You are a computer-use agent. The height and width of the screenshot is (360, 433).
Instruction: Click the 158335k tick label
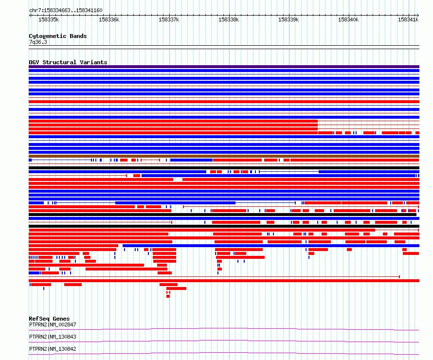[x=49, y=19]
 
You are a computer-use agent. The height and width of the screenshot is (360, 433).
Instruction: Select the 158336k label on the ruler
[x=109, y=19]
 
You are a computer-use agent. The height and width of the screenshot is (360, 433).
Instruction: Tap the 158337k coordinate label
[x=169, y=19]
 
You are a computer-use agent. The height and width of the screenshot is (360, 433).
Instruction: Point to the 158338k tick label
[x=229, y=19]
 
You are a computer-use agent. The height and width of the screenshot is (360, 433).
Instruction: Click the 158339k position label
[x=289, y=19]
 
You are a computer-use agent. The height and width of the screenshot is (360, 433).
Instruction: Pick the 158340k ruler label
[x=348, y=19]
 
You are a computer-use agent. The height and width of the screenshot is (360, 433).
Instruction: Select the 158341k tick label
[x=408, y=19]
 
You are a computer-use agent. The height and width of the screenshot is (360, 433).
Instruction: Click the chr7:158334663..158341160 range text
[x=66, y=11]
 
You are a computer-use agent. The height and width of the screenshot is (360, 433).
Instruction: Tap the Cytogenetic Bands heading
[x=58, y=36]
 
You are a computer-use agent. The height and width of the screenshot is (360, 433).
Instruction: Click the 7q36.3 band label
[x=38, y=42]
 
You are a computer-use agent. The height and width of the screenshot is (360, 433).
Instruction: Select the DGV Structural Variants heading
[x=68, y=62]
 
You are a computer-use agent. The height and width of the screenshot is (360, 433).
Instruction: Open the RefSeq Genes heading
[x=49, y=319]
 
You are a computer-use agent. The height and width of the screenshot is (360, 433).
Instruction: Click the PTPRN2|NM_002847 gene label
[x=53, y=324]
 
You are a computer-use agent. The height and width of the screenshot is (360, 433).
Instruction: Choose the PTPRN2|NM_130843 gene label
[x=53, y=337]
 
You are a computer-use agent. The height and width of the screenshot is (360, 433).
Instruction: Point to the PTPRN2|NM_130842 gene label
[x=53, y=349]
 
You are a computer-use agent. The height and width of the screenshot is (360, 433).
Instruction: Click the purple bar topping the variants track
[x=224, y=67]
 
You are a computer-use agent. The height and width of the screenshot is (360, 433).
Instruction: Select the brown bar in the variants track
[x=224, y=156]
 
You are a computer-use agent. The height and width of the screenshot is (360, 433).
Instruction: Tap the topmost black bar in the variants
[x=224, y=168]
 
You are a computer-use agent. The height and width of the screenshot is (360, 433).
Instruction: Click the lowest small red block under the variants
[x=168, y=296]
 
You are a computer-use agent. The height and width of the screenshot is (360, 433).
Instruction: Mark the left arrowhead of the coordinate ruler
[x=30, y=16]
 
